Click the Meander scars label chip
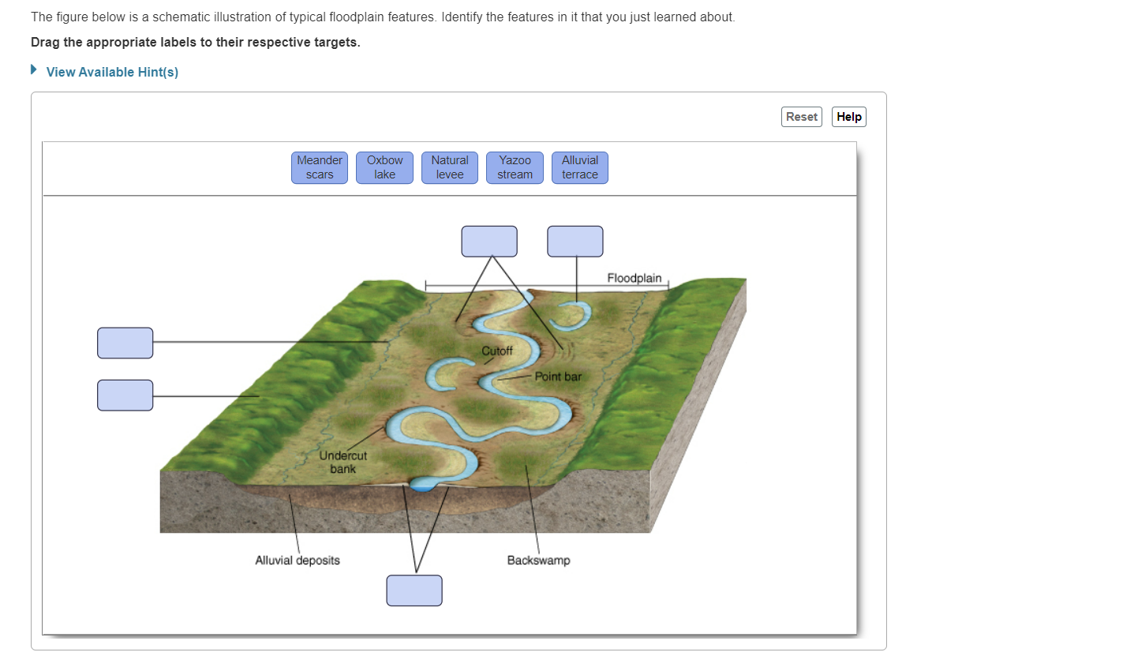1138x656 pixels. tap(320, 167)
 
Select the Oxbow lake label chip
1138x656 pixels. tap(384, 167)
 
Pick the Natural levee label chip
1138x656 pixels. tap(450, 167)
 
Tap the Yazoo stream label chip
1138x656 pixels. tap(515, 167)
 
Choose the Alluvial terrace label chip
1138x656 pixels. tap(580, 167)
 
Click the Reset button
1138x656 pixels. tap(802, 117)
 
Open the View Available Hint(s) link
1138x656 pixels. tap(112, 72)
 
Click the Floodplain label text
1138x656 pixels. tap(635, 278)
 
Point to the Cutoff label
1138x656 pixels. tap(497, 350)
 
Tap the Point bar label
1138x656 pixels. tap(558, 377)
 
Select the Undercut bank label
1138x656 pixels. tap(343, 462)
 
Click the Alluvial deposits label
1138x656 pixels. tap(298, 560)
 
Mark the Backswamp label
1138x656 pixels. tap(538, 560)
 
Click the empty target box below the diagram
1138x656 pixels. tap(414, 590)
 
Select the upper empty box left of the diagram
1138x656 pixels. tap(125, 343)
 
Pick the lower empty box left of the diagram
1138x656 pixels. tap(125, 395)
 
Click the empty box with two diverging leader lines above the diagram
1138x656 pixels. tap(489, 242)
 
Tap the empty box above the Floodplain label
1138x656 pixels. tap(575, 242)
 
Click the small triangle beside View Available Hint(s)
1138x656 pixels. tap(34, 69)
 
